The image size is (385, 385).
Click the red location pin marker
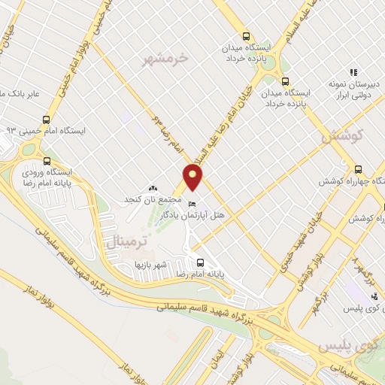[193, 177]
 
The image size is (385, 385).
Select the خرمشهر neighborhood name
[169, 57]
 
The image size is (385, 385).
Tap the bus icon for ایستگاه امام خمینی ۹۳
[47, 119]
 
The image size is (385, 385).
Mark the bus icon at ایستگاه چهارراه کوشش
[359, 169]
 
